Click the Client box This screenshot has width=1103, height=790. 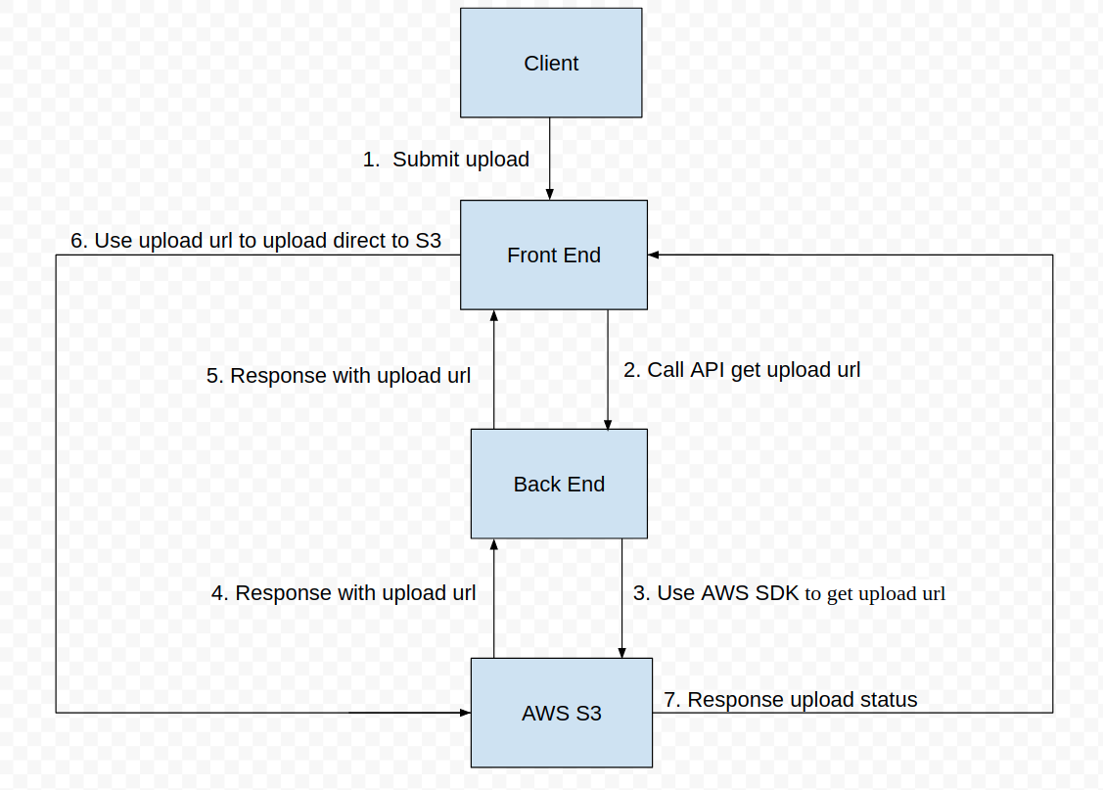coord(551,63)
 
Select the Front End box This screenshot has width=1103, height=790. coord(553,256)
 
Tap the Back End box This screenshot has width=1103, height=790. coord(559,484)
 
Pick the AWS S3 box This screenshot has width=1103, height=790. coord(561,713)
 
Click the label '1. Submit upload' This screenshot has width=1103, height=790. coord(446,160)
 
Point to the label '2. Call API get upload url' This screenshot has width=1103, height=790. coord(742,370)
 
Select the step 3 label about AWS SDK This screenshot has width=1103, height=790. coord(789,593)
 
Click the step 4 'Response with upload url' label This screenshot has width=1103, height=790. coord(344,593)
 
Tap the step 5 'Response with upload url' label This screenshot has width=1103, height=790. coord(339,376)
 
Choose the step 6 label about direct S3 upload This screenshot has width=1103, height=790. coord(255,241)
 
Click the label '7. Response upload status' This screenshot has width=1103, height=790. coord(791,700)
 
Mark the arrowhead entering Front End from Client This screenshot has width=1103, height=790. coord(549,195)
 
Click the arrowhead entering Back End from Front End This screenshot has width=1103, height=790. coord(608,424)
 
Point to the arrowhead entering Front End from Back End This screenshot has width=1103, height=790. coord(493,316)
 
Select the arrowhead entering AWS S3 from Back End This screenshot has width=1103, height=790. coord(621,652)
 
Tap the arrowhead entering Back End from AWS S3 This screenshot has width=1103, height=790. coord(493,544)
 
